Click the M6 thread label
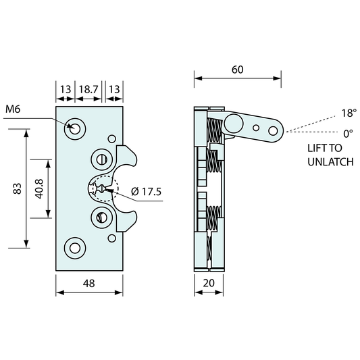pos(13,109)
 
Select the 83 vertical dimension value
pos(18,188)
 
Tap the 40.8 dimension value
pos(39,189)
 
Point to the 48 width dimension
pos(89,284)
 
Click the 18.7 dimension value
pos(88,89)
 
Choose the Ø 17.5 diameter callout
pos(147,191)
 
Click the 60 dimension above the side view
pos(237,70)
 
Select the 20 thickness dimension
pos(209,283)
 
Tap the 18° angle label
pos(349,113)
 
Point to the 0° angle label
pos(348,134)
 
